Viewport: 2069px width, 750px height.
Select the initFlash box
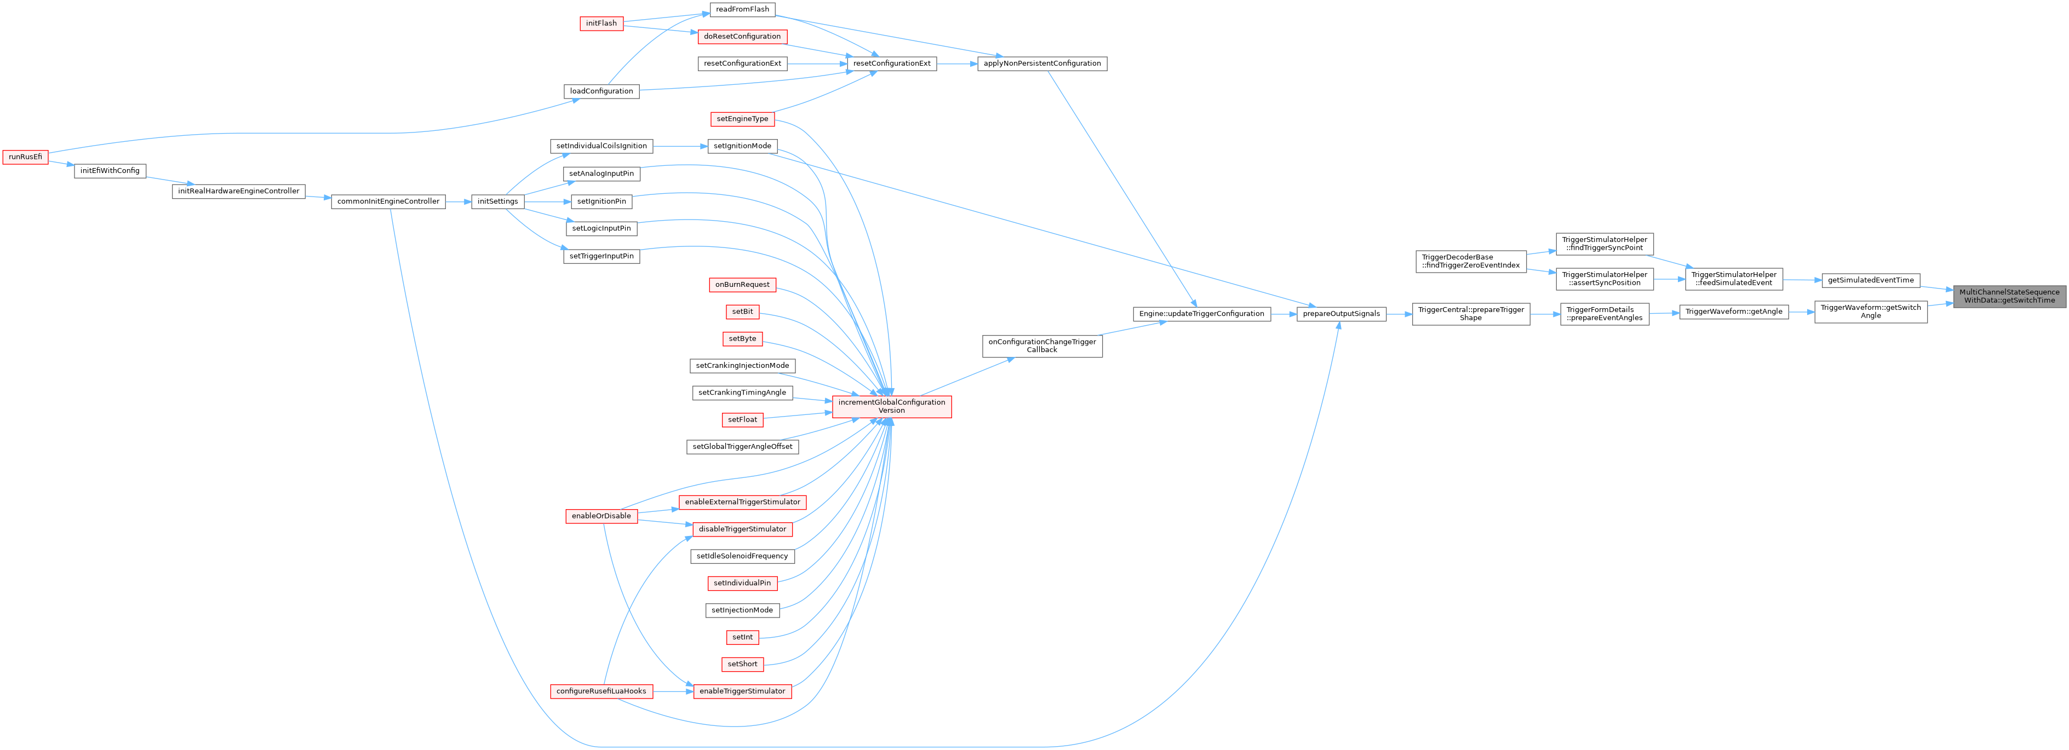point(601,24)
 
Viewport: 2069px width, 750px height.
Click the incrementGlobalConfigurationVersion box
point(892,406)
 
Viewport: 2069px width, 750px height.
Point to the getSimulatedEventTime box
point(1871,280)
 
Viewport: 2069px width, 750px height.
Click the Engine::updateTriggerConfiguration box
point(1201,314)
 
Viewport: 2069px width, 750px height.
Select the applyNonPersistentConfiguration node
point(1042,64)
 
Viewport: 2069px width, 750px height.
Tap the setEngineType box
point(742,119)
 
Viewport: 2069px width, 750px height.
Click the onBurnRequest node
point(742,284)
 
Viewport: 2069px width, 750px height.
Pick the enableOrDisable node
point(601,516)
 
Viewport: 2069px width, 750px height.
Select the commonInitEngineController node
point(388,201)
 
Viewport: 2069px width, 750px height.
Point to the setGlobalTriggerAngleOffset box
point(742,447)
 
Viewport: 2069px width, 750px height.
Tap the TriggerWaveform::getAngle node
point(1733,311)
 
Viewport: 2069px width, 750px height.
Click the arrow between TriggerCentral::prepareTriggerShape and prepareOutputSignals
point(1399,314)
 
